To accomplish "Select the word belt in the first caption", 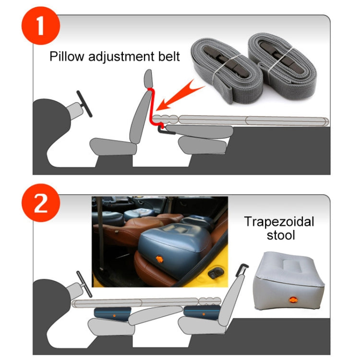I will (x=168, y=57).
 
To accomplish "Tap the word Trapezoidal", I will (x=279, y=222).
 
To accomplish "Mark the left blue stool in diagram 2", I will (x=110, y=315).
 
